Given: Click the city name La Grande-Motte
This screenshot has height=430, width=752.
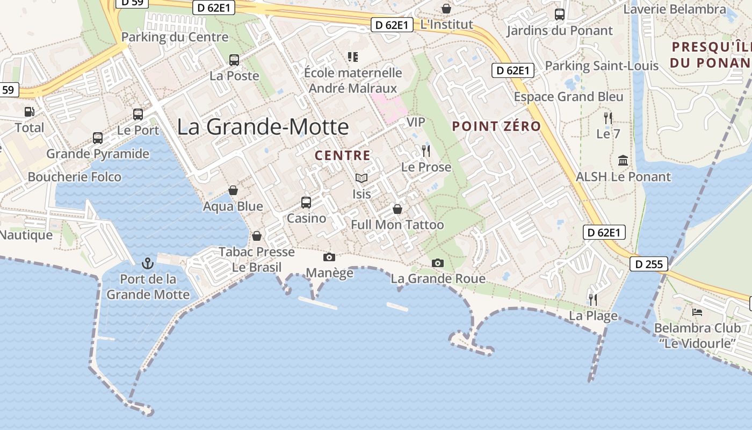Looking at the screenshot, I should pyautogui.click(x=263, y=127).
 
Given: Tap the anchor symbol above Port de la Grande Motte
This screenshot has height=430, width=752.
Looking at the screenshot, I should pyautogui.click(x=147, y=263).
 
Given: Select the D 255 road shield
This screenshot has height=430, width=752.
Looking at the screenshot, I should pyautogui.click(x=649, y=264).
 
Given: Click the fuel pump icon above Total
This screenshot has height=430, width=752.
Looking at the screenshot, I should pyautogui.click(x=29, y=112).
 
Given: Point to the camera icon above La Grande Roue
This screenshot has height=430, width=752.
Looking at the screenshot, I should pyautogui.click(x=438, y=263).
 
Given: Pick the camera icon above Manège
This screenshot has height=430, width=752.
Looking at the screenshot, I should pyautogui.click(x=329, y=257).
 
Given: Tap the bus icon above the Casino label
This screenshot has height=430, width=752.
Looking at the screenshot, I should pyautogui.click(x=306, y=202).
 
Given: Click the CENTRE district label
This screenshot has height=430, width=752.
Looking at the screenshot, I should pyautogui.click(x=343, y=156).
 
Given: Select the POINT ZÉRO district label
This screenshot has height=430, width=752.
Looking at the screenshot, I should pyautogui.click(x=496, y=126).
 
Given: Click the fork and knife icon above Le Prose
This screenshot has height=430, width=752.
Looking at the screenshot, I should pyautogui.click(x=426, y=150).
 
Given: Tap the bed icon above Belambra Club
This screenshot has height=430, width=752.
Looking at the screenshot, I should pyautogui.click(x=697, y=312).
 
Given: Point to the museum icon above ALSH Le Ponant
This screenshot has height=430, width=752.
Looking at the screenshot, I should pyautogui.click(x=623, y=160).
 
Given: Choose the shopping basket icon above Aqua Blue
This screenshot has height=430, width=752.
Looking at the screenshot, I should pyautogui.click(x=233, y=190).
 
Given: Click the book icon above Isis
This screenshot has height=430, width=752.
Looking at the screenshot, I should pyautogui.click(x=361, y=178).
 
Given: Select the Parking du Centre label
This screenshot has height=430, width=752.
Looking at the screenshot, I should pyautogui.click(x=175, y=37).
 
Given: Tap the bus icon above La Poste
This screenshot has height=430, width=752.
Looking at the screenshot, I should pyautogui.click(x=234, y=60).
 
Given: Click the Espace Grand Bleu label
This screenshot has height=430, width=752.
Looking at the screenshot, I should pyautogui.click(x=569, y=97).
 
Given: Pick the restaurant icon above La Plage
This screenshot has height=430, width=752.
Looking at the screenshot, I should pyautogui.click(x=593, y=299).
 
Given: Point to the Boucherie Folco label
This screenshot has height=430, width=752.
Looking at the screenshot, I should pyautogui.click(x=75, y=177).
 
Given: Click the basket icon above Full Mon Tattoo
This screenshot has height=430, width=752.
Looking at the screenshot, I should pyautogui.click(x=397, y=209).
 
